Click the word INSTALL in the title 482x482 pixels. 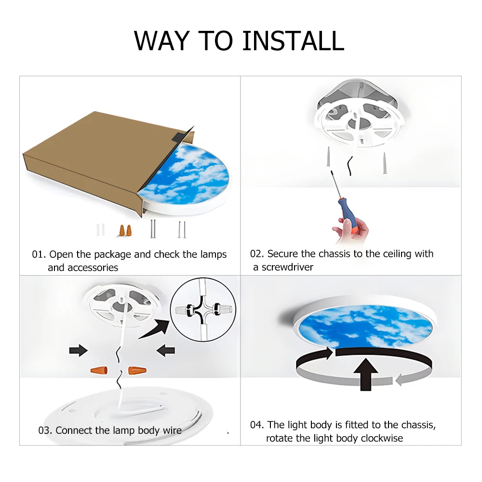coord(293,40)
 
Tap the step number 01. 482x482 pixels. coord(39,254)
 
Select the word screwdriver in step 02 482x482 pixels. coord(287,267)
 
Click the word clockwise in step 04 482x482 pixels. coord(381,438)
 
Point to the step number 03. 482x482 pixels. coord(45,430)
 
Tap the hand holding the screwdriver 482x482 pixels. coord(351,229)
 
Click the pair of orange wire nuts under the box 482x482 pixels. coord(125,230)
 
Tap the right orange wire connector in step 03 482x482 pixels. coord(137,370)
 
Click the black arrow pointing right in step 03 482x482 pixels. coord(79,350)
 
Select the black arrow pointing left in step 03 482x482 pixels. coord(166,350)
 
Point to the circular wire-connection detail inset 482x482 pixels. coord(203,309)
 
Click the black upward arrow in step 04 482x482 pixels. coord(365,375)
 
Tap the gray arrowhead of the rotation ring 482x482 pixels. coord(400,380)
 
